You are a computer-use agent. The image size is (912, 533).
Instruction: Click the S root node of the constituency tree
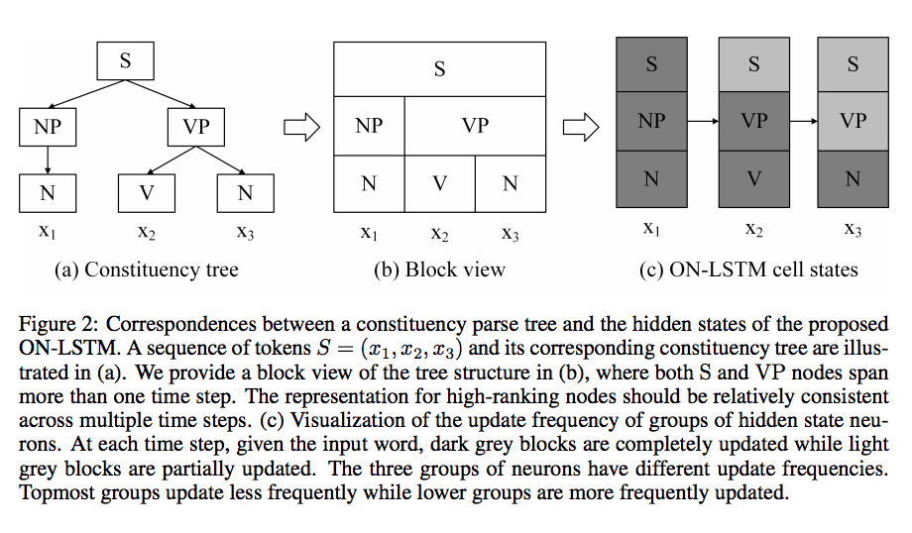pos(125,60)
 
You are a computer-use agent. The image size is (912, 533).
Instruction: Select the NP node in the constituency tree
pos(47,127)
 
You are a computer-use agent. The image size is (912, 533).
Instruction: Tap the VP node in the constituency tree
pos(202,127)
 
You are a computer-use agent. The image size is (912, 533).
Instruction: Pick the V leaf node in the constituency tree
pos(146,192)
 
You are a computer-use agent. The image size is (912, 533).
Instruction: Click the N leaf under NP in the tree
pos(47,192)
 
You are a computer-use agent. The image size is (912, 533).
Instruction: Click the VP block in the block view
pos(475,126)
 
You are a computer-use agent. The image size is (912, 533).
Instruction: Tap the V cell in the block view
pos(439,183)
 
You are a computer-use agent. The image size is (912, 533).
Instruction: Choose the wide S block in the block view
pos(439,68)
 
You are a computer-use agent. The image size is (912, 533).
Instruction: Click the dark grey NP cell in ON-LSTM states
pos(651,121)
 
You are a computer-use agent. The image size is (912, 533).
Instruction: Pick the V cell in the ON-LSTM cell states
pos(753,178)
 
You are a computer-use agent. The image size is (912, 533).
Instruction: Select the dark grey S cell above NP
pos(651,64)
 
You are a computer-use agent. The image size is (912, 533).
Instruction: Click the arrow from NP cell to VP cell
pos(703,121)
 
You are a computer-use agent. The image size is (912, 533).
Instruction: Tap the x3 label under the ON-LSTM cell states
pos(853,229)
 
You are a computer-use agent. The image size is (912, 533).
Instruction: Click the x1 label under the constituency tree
pos(47,234)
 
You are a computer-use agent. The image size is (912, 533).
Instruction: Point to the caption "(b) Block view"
pos(439,268)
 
